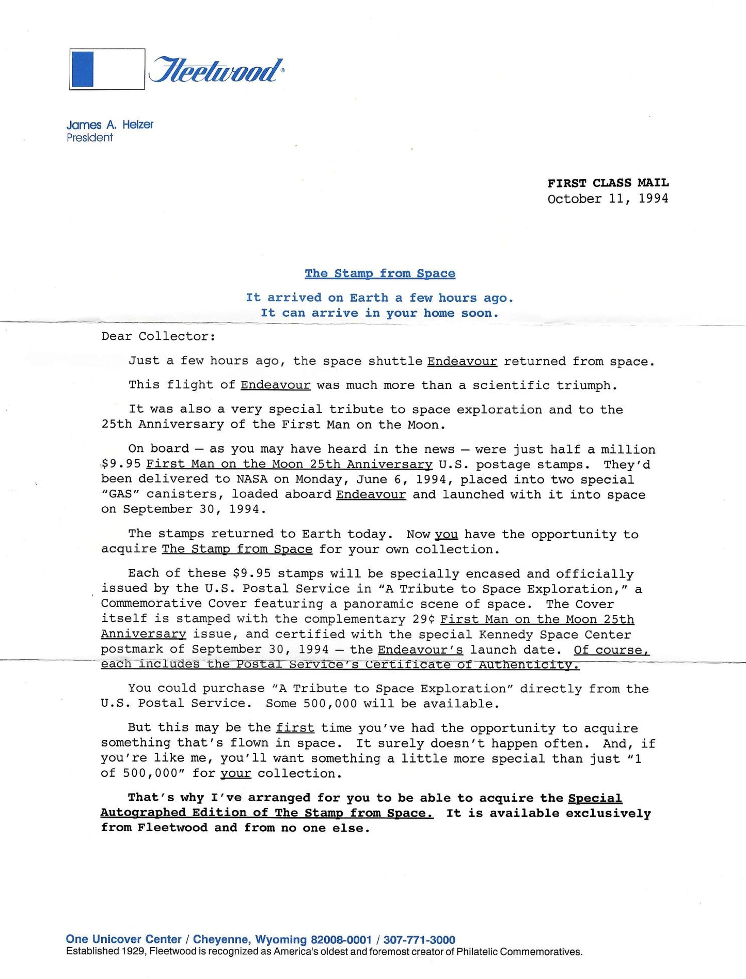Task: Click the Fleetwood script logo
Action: click(215, 70)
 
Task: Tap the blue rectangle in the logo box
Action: click(82, 69)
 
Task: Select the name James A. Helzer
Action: click(109, 125)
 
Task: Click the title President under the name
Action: click(89, 138)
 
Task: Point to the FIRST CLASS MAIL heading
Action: click(608, 183)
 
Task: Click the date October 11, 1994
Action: click(608, 199)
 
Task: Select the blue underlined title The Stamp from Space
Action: click(380, 273)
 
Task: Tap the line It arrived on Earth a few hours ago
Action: click(379, 298)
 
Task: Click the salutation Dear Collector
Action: click(158, 336)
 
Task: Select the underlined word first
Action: click(295, 728)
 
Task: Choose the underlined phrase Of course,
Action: click(611, 650)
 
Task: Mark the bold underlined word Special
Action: click(595, 798)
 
